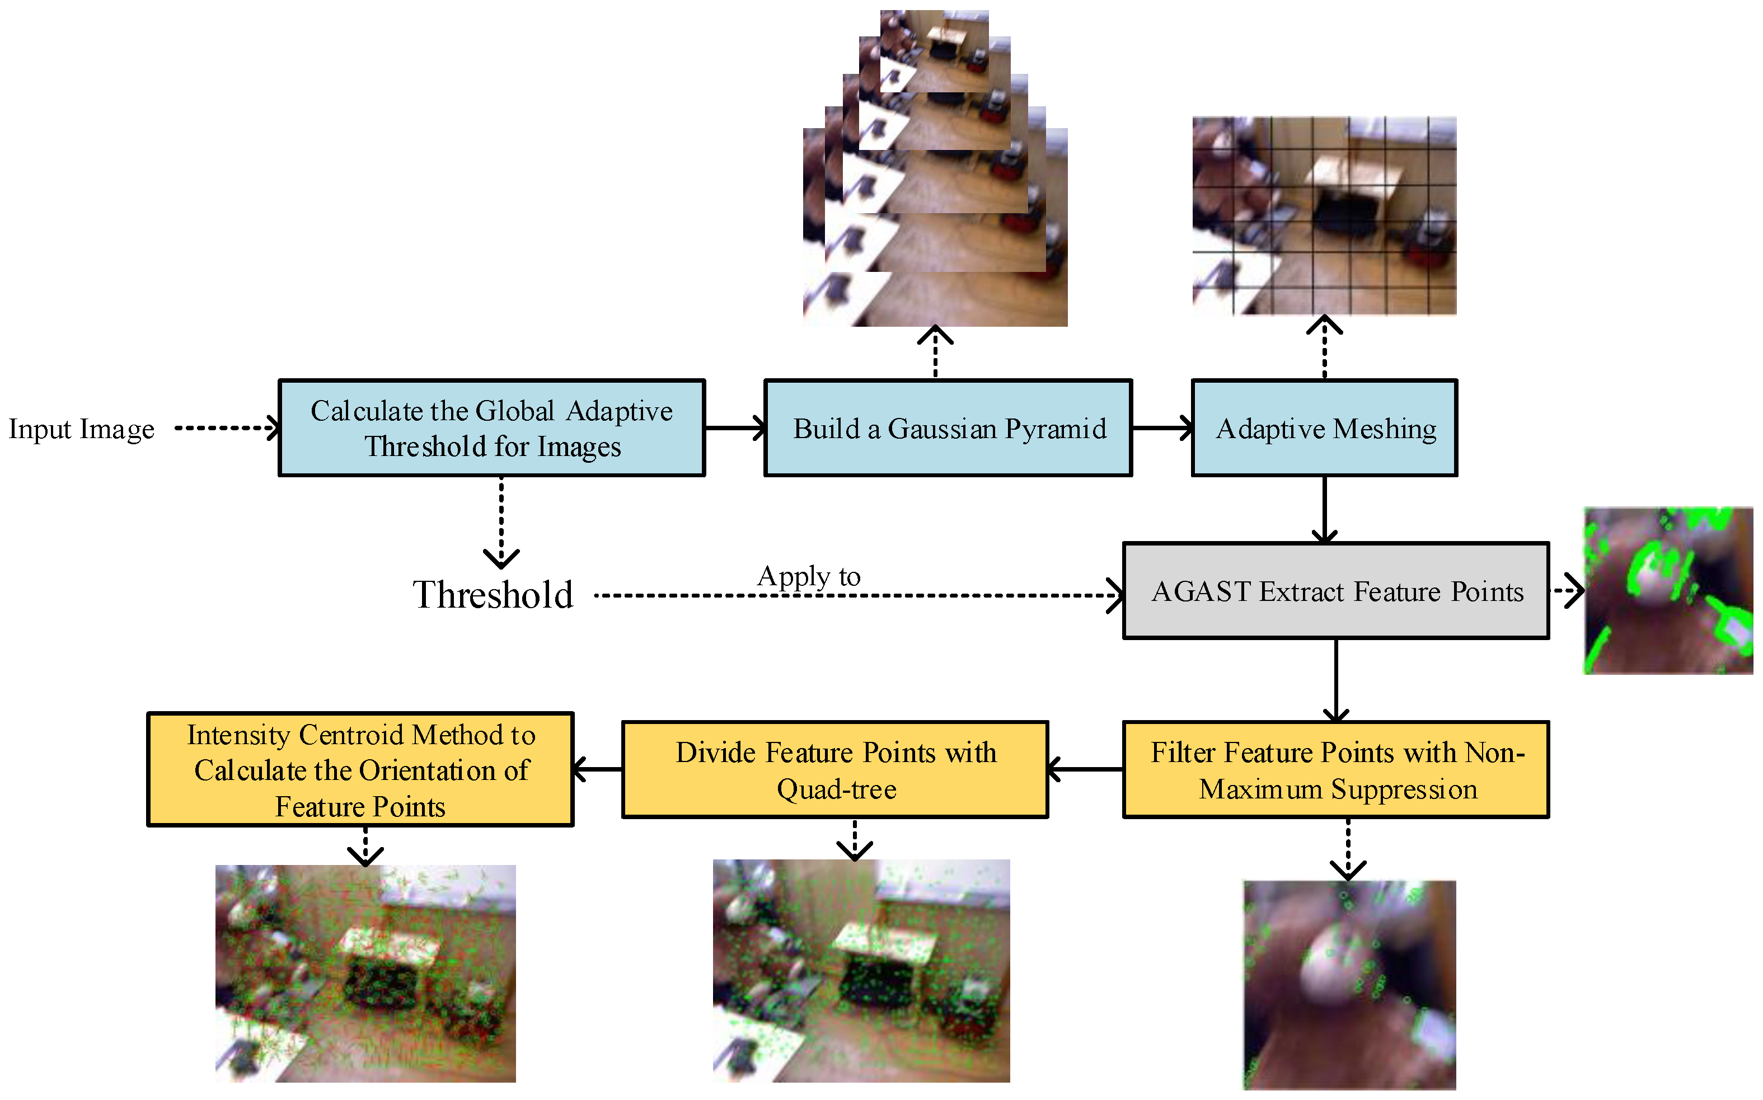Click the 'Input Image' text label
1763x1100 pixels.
tap(82, 429)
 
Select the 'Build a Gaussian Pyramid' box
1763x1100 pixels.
tap(948, 428)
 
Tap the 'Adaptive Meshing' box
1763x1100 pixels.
tap(1324, 428)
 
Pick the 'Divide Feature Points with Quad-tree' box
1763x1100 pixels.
tap(834, 770)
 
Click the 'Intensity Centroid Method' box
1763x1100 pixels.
tap(360, 770)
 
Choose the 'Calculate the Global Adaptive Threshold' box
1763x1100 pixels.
tap(491, 428)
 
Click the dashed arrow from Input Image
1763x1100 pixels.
tap(226, 428)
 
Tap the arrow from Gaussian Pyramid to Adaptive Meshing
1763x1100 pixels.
tap(1161, 428)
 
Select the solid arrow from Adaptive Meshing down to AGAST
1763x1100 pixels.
tap(1324, 509)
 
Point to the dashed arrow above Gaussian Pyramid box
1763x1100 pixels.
tap(935, 353)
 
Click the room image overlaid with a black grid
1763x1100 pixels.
tap(1324, 216)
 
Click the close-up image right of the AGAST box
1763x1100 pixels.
tap(1668, 591)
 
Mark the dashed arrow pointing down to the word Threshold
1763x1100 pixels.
tap(501, 520)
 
